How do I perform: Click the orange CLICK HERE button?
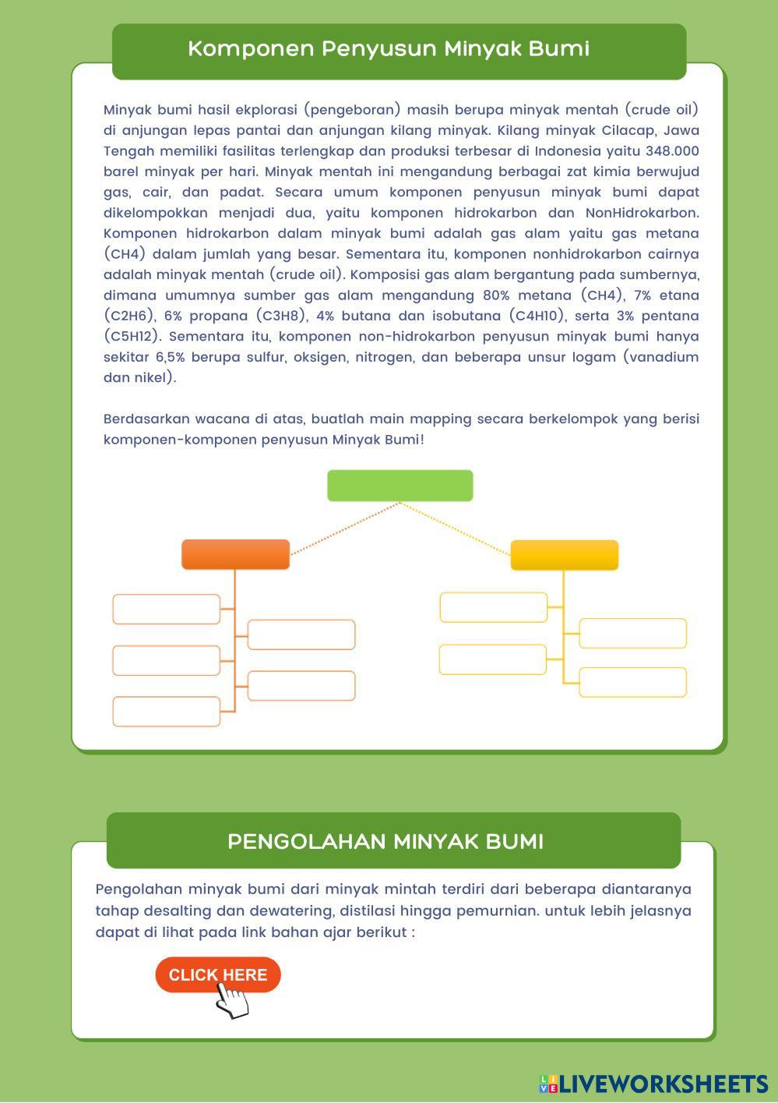(x=217, y=974)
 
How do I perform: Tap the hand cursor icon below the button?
(x=232, y=1001)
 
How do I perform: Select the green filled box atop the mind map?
(x=400, y=485)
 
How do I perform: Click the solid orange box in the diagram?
(x=235, y=554)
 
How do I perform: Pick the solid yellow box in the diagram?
(x=564, y=555)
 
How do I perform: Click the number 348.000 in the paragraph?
(x=672, y=150)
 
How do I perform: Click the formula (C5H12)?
(x=132, y=336)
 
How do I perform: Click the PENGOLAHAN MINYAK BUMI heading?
(x=385, y=841)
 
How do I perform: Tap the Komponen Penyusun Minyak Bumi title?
(x=389, y=48)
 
